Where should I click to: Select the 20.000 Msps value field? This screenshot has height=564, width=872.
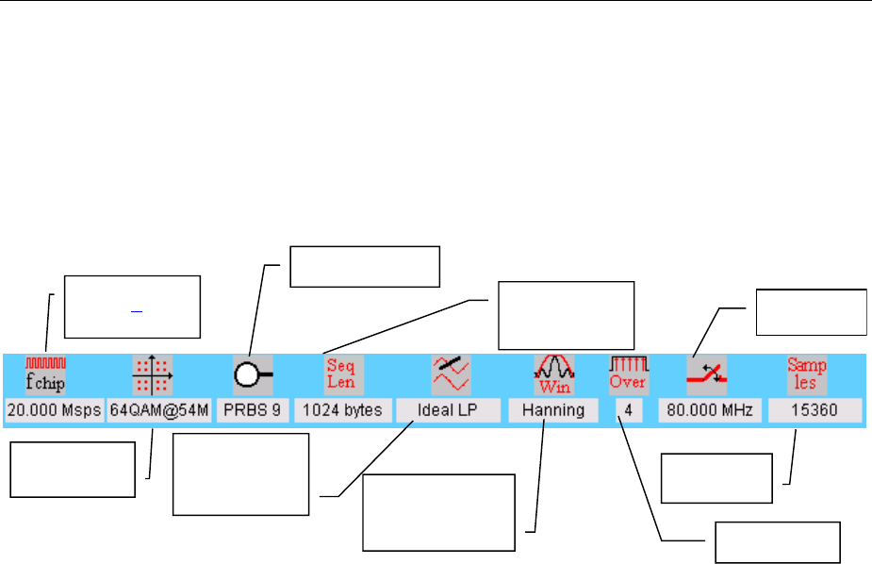coord(53,410)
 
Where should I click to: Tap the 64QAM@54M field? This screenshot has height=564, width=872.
coord(158,410)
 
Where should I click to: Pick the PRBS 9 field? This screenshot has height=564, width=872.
coord(252,410)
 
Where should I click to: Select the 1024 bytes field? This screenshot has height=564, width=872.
coord(342,410)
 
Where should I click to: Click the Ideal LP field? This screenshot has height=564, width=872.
coord(447,410)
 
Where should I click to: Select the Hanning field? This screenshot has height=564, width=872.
coord(551,410)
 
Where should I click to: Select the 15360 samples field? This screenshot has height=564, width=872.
coord(814,410)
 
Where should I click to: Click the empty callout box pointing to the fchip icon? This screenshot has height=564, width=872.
coord(132,307)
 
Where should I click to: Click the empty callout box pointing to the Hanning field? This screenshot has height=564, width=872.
coord(440,512)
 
